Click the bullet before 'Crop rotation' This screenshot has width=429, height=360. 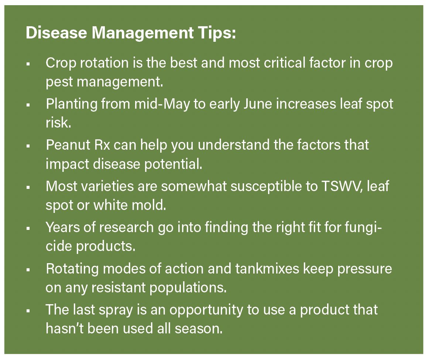pos(28,64)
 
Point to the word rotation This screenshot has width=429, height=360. pos(104,63)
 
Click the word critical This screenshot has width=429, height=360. pos(285,63)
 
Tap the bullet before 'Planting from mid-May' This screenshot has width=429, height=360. pos(28,105)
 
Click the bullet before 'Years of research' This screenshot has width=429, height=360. pos(28,229)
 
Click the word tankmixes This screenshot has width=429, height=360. pos(267,268)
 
